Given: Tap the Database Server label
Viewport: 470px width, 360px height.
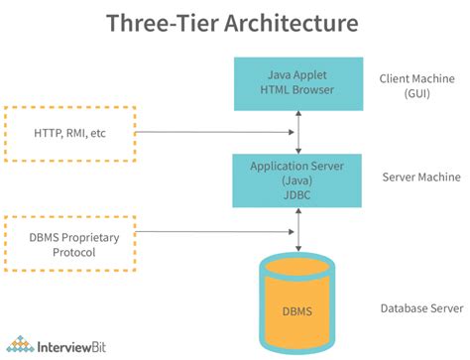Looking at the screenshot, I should coord(420,308).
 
